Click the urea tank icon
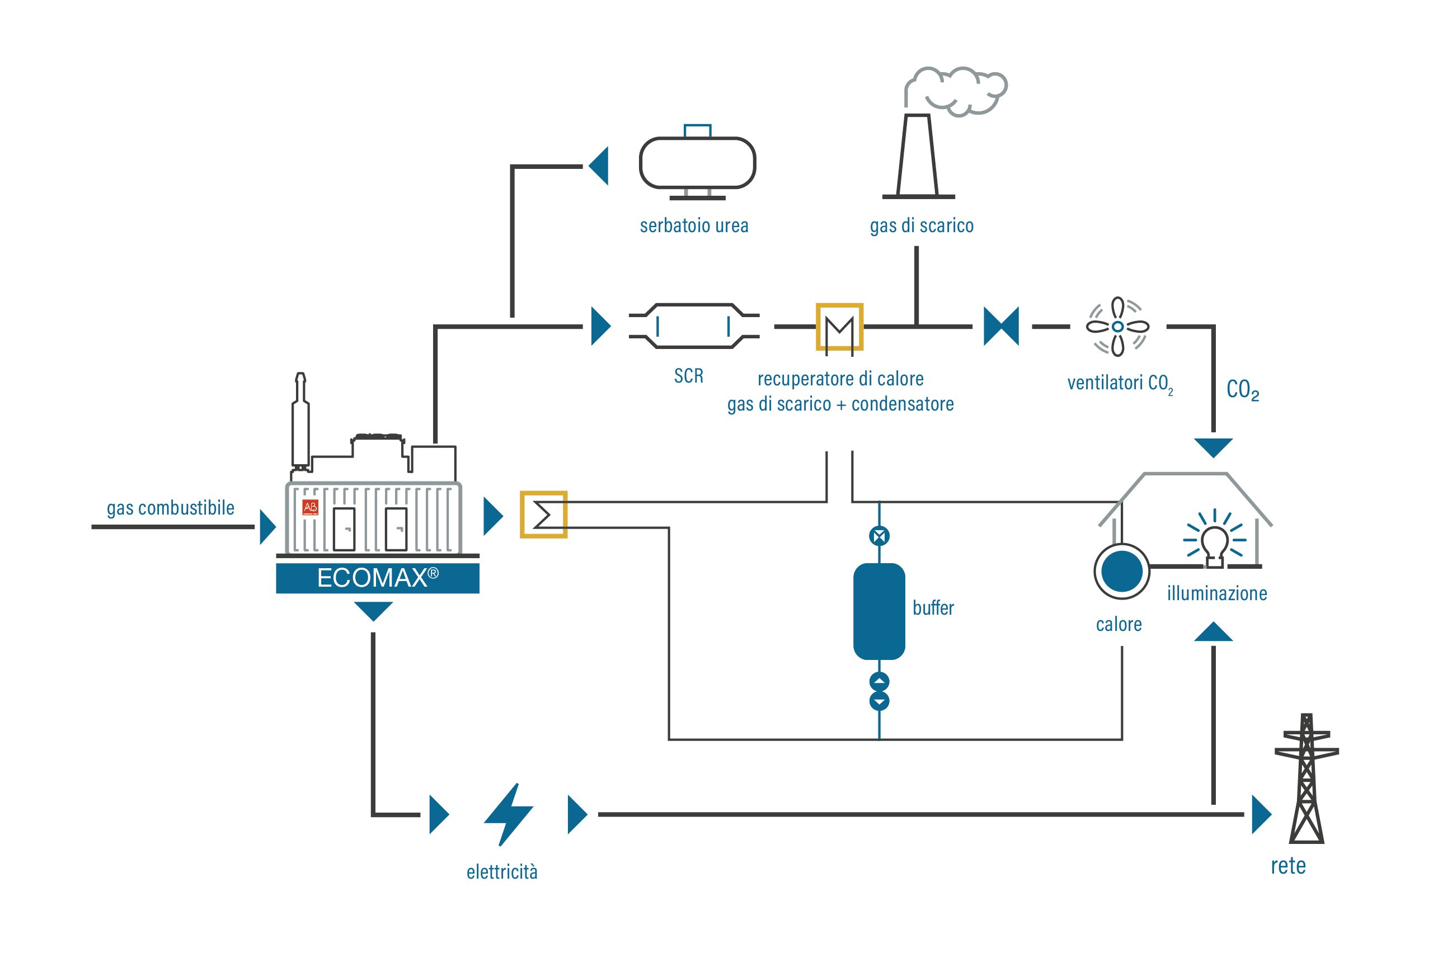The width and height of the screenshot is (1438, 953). (x=697, y=162)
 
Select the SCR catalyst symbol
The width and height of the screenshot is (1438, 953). (x=694, y=327)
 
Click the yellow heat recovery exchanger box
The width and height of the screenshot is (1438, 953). (x=839, y=327)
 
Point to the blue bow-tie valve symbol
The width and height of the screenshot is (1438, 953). (x=1001, y=327)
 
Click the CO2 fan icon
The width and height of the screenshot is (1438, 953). (x=1117, y=327)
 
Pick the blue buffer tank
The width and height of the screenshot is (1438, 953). (x=879, y=611)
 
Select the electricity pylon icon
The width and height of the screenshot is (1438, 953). (x=1307, y=779)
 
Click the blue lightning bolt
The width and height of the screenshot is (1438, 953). (x=508, y=814)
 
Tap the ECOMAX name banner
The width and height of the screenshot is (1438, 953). (x=378, y=578)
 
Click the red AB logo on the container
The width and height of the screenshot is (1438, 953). (x=311, y=507)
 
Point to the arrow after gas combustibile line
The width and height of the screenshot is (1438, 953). (x=267, y=527)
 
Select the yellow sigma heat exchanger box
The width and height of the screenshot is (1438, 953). (x=543, y=515)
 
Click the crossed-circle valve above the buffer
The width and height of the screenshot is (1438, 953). (x=879, y=536)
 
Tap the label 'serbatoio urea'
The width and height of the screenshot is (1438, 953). (x=694, y=225)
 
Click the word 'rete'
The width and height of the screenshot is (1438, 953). (x=1289, y=866)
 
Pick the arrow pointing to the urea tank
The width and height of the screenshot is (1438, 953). (x=598, y=166)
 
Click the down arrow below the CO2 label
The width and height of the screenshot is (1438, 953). (x=1214, y=448)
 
